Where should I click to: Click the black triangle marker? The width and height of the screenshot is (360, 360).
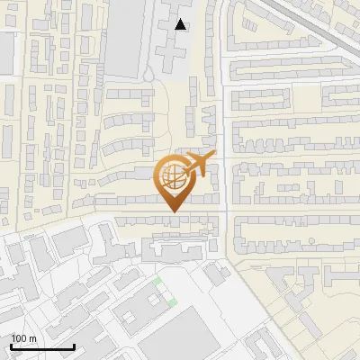[182, 24]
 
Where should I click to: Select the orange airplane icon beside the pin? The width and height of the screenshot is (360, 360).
[203, 164]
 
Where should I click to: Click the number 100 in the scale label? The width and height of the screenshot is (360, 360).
[20, 338]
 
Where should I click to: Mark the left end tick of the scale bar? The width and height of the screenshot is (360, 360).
[11, 346]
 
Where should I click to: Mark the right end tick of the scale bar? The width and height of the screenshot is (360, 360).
[74, 346]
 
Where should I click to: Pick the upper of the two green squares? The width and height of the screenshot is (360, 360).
[160, 283]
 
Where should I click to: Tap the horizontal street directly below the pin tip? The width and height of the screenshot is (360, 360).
[170, 219]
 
